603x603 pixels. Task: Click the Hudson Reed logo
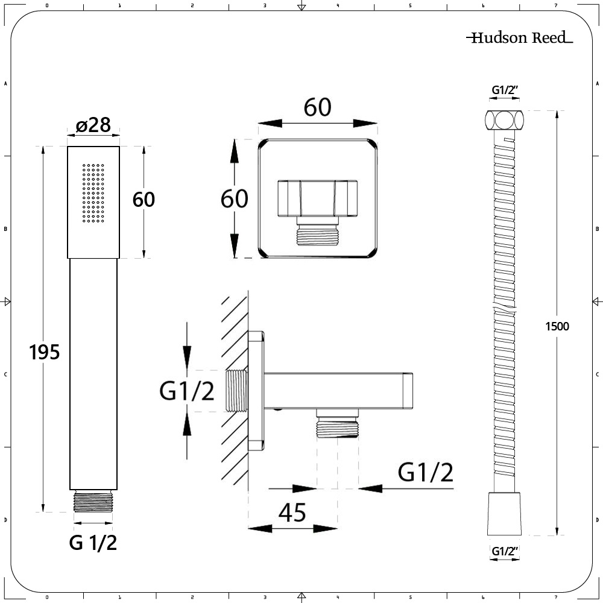click(x=519, y=38)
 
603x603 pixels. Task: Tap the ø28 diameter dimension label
click(x=93, y=125)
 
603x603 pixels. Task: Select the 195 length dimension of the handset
click(x=45, y=352)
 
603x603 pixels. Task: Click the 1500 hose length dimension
click(x=556, y=326)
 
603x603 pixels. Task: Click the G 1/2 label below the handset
click(x=93, y=543)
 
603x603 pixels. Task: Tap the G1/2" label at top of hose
click(x=505, y=90)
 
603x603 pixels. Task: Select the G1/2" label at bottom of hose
click(x=505, y=551)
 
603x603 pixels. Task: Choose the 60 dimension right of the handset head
click(x=144, y=199)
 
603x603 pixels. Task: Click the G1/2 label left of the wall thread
click(x=186, y=392)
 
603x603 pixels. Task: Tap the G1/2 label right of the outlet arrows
click(x=426, y=473)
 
